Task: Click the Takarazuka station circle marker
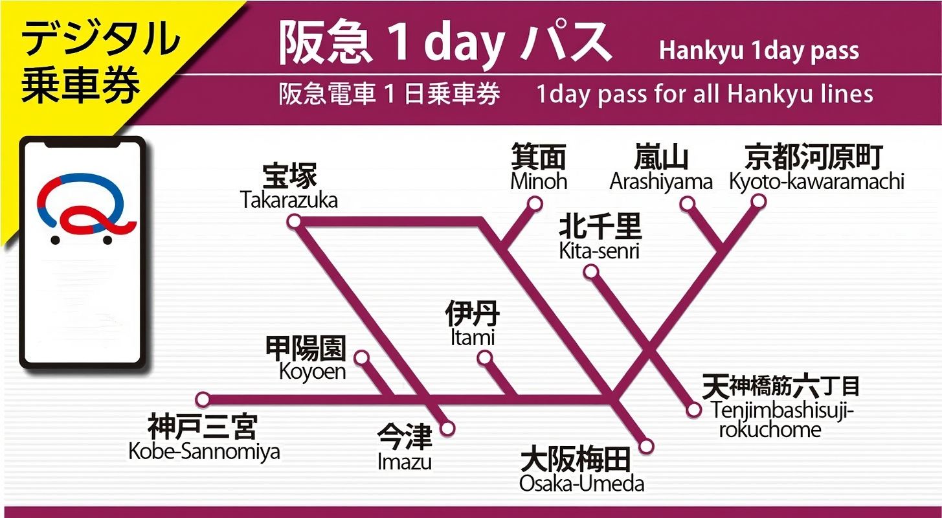tap(294, 222)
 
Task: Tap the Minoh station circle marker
tap(535, 204)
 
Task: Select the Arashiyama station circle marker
tap(687, 204)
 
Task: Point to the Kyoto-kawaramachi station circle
tap(758, 202)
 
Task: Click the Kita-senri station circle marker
tap(590, 272)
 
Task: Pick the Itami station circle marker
tap(484, 358)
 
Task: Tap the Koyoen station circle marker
tap(362, 357)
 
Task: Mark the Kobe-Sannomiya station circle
tap(203, 399)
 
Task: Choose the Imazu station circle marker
tap(447, 428)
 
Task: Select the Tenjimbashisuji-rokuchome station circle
tap(693, 410)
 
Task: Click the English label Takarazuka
tap(289, 200)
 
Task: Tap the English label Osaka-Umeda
tap(581, 483)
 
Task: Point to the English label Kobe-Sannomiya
tap(204, 451)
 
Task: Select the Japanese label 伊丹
tap(473, 315)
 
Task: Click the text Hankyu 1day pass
tap(759, 51)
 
